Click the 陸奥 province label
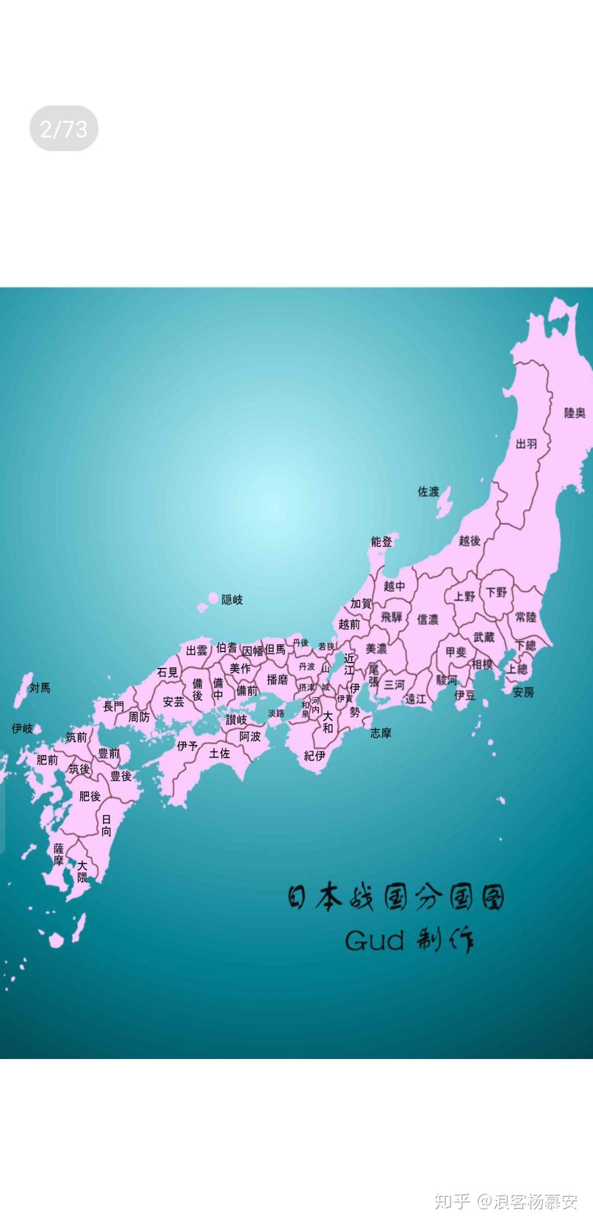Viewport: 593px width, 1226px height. tap(575, 413)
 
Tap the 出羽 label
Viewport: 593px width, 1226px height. tap(526, 444)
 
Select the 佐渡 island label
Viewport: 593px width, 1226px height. tap(428, 491)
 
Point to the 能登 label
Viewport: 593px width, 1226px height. tap(382, 542)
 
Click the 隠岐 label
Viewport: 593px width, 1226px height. tap(232, 599)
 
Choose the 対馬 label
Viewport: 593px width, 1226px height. tap(40, 688)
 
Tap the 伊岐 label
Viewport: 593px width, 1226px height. tap(23, 728)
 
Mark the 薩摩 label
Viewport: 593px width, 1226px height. tap(59, 855)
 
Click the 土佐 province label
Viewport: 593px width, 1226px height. tap(219, 754)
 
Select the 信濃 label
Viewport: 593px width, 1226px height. tap(428, 620)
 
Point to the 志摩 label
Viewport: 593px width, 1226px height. tap(381, 733)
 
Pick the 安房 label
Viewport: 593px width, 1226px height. tap(523, 692)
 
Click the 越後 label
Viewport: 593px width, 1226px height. tap(469, 540)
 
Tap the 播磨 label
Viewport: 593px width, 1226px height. tap(277, 679)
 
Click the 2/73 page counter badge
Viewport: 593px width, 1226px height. tap(64, 129)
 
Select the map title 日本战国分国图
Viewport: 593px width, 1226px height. tap(395, 897)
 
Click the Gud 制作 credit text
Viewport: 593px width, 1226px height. tap(409, 940)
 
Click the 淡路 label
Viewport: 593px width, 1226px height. tap(276, 713)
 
